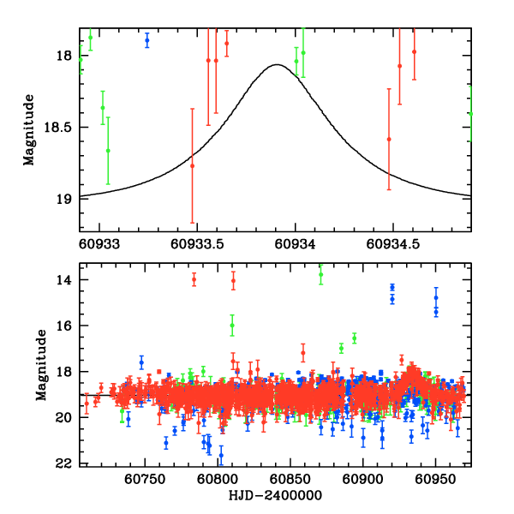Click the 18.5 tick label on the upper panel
coord(60,128)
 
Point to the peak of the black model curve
coord(277,64)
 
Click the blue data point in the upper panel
coord(147,40)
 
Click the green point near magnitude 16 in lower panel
coord(232,325)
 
